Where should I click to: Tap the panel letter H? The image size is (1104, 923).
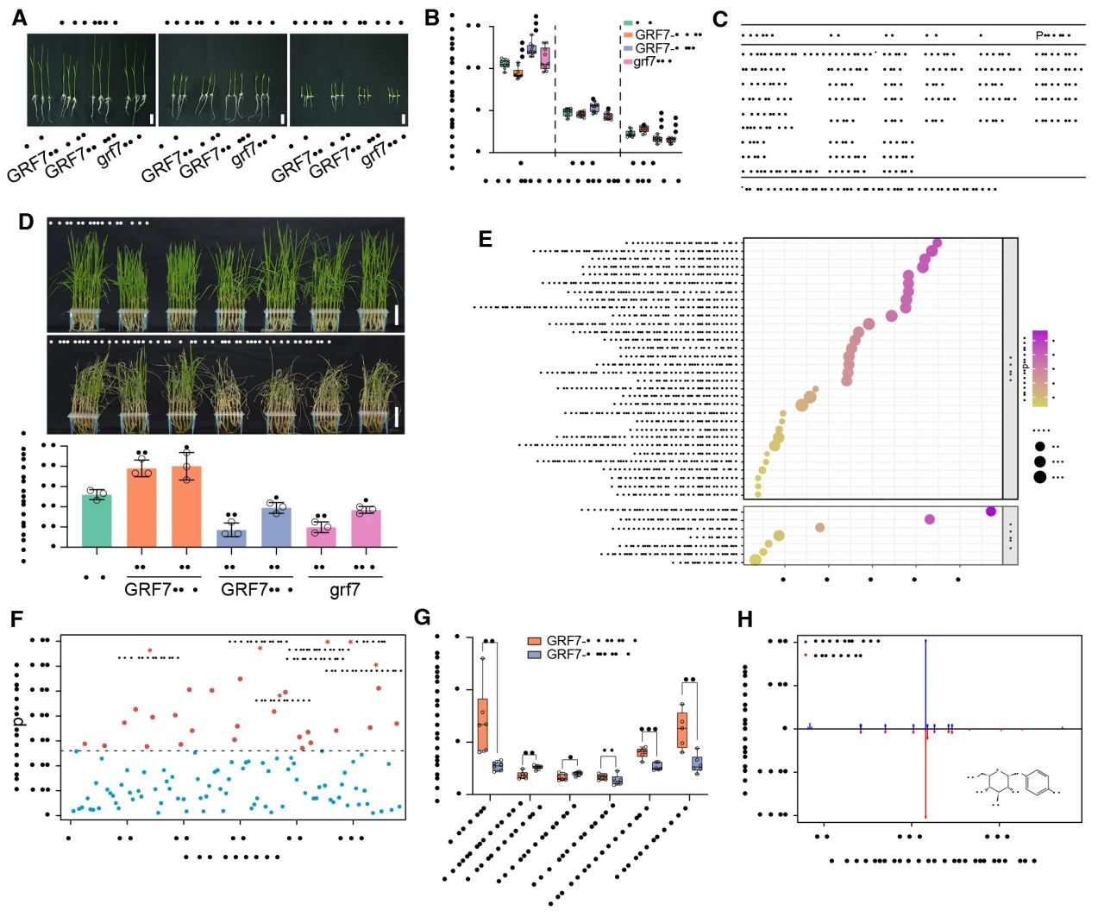coord(745,619)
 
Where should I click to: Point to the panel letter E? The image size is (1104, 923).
coord(486,239)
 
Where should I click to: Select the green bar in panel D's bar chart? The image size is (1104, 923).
coord(97,520)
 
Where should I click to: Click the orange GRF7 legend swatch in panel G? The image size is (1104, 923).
coord(535,641)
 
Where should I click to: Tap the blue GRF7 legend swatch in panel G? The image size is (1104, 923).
coord(535,655)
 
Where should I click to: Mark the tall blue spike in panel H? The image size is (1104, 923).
coord(925,681)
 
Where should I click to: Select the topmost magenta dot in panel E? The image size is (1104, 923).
coord(937,244)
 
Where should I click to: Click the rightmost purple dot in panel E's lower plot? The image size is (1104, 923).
coord(991,512)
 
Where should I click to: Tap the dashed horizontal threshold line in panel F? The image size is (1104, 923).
coord(233,750)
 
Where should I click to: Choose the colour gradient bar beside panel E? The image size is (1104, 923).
coord(1039,367)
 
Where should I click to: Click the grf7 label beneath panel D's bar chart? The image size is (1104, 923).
coord(345,591)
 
